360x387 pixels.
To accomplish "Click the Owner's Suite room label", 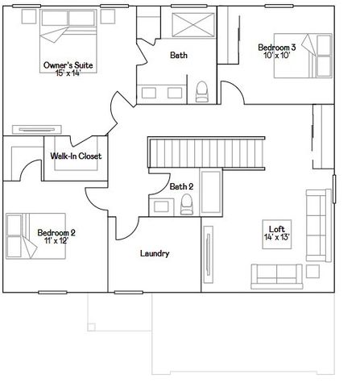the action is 68,65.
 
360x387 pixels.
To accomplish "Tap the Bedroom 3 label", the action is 277,48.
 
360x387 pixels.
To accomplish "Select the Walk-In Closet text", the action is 76,156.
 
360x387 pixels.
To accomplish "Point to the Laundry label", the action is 155,254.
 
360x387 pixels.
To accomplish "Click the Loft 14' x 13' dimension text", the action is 277,237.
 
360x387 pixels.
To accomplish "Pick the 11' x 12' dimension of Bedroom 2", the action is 56,240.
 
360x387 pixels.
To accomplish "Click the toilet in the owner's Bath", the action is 201,92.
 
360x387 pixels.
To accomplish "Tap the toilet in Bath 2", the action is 187,205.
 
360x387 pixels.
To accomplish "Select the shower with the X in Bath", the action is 193,25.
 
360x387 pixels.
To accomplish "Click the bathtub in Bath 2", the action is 211,192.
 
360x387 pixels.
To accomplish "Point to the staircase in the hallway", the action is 206,153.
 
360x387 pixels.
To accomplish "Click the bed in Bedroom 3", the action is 303,56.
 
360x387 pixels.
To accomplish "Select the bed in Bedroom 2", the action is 35,236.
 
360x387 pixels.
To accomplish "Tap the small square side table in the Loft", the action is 312,272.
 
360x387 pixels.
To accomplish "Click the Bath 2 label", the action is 181,186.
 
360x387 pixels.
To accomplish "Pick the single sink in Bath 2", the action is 161,207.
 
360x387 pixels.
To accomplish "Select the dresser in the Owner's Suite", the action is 37,130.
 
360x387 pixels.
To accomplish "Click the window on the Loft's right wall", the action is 334,189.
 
